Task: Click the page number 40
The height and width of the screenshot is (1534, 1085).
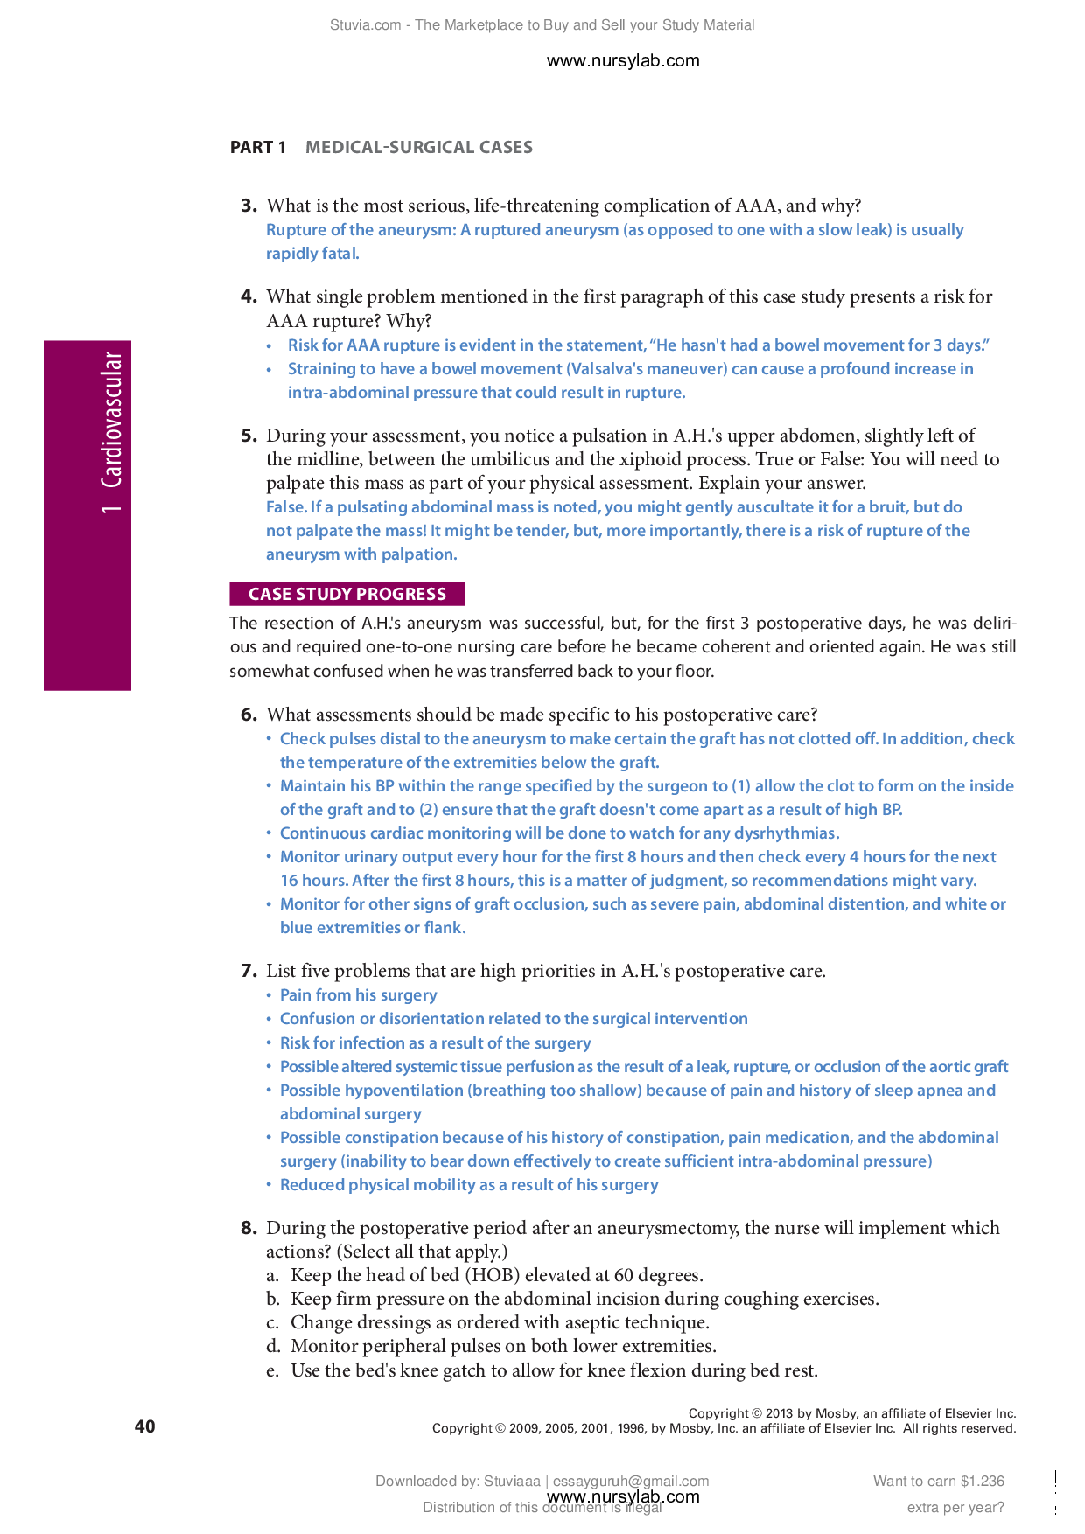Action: tap(145, 1426)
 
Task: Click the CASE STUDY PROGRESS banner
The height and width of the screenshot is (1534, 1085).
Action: tap(346, 594)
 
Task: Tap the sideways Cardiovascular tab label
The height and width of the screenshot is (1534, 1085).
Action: tap(111, 432)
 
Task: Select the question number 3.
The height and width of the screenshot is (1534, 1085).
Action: tap(248, 206)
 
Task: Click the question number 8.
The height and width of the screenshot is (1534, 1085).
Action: tap(248, 1228)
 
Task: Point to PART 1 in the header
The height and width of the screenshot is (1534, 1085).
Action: tap(257, 147)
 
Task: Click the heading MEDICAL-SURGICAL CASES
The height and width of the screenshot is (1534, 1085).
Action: tap(418, 147)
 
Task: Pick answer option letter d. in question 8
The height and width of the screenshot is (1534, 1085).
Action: tap(273, 1346)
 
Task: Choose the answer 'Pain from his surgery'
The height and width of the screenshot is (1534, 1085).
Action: tap(358, 995)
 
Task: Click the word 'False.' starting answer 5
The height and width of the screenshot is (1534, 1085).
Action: tap(286, 507)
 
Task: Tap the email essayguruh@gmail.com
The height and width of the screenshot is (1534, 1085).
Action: tap(630, 1481)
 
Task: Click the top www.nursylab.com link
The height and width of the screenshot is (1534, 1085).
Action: tap(622, 60)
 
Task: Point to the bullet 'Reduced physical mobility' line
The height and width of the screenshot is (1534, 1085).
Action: tap(468, 1185)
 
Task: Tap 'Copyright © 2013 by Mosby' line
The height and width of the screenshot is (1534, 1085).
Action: tap(851, 1413)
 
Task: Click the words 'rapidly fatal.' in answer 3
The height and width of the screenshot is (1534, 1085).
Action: tap(312, 254)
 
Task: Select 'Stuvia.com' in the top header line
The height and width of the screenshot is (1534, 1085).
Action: tap(365, 25)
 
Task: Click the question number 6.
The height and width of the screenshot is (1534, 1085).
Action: tap(248, 715)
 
